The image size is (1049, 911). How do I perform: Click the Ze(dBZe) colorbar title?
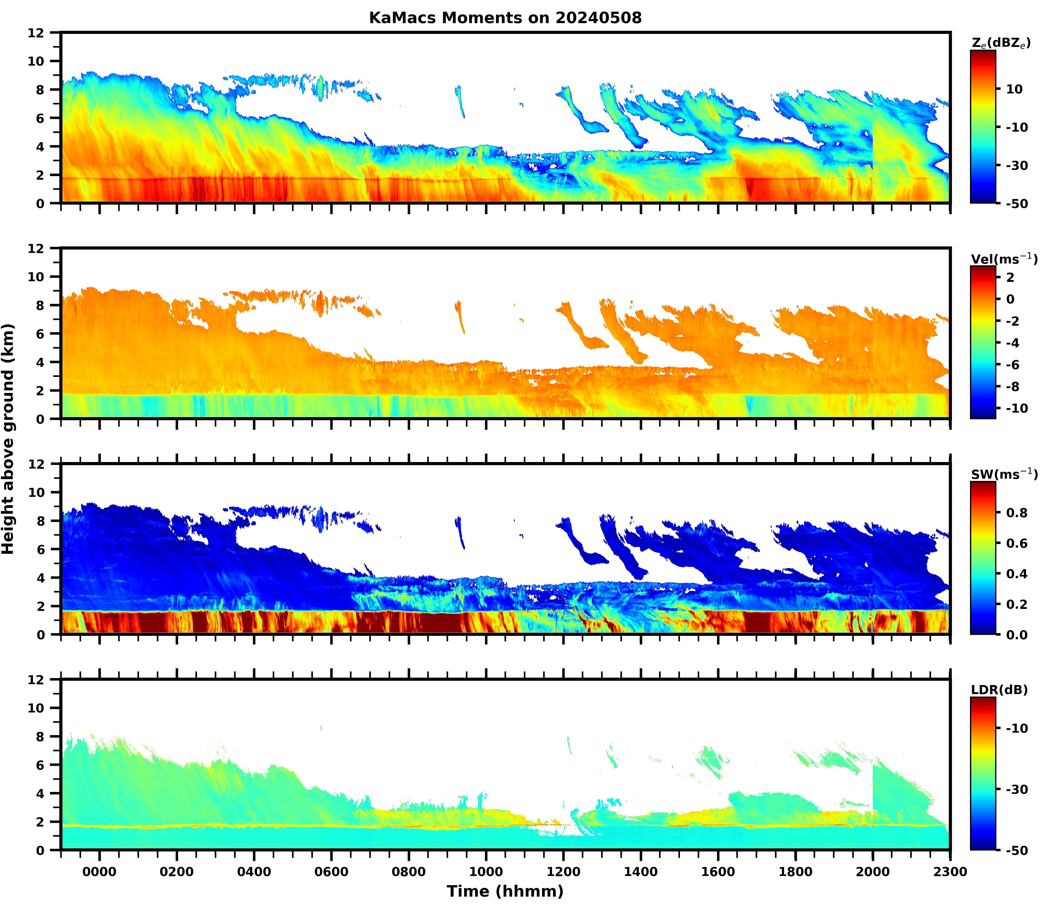(1001, 43)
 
